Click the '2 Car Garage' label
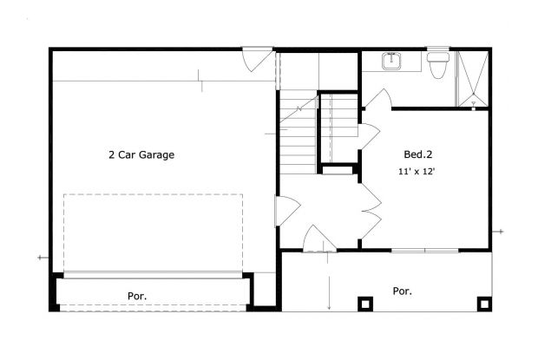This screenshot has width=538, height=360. pos(141,155)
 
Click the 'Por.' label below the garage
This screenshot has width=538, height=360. pos(138,296)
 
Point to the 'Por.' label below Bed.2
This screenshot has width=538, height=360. pos(402,291)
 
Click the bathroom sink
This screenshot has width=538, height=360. pos(393,62)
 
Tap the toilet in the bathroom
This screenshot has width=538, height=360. pos(437,64)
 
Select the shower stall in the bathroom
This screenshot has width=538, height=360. pos(472,78)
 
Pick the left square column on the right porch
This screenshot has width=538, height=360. pos(364,304)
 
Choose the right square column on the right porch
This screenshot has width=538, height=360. pos(485,304)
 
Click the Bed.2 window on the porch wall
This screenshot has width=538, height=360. pos(424,250)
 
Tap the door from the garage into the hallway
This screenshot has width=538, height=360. pos(286,211)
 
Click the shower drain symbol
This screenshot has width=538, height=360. pos(474,103)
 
